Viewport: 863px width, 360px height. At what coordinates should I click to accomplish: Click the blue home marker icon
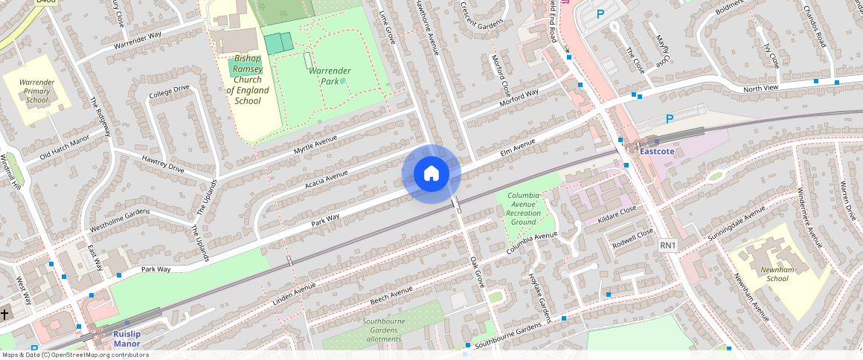coord(431,174)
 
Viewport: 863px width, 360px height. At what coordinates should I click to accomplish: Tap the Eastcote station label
coord(657,151)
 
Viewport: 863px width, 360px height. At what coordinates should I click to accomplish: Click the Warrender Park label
coord(330,75)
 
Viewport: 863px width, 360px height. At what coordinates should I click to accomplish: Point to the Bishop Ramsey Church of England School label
coord(248,79)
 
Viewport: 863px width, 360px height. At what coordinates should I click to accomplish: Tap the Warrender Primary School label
coord(36,90)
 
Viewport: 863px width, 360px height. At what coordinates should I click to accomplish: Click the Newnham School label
coord(777,274)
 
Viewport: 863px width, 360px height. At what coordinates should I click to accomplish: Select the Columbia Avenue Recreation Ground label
coord(523,208)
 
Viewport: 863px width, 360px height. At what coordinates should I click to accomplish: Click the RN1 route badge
coord(667,245)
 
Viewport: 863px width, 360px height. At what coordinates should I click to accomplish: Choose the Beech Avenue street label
coord(391,296)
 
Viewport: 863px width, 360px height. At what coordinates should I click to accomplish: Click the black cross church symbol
coord(4,315)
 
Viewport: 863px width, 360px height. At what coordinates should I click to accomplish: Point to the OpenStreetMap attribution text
coord(74,355)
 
